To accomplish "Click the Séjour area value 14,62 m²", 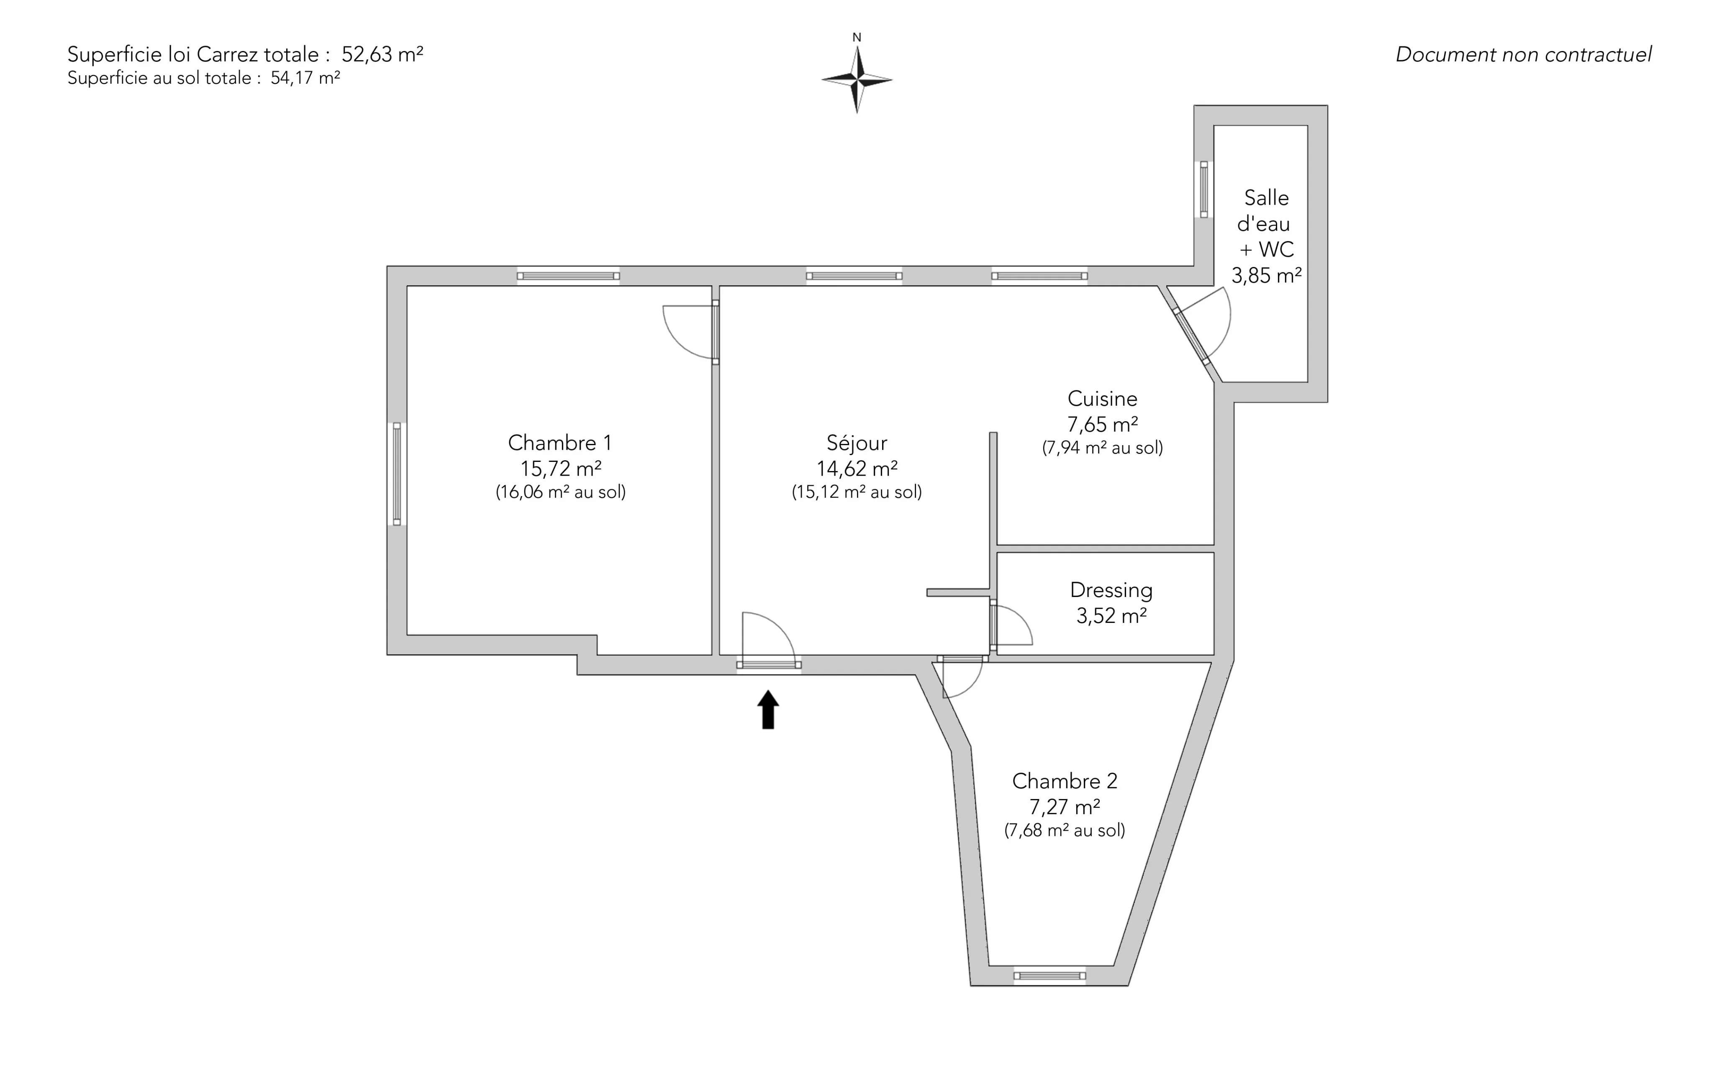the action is [x=857, y=468].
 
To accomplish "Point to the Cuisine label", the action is [x=1103, y=399].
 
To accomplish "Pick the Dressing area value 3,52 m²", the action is [x=1111, y=615].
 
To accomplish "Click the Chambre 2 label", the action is [x=1065, y=781].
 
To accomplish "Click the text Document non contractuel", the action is [x=1523, y=54].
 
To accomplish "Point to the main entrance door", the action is [x=769, y=640].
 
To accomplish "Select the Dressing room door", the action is [x=1011, y=625].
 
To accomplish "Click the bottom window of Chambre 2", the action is [x=1050, y=976].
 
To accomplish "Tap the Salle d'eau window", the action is [x=1203, y=189].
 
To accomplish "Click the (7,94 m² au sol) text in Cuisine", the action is [x=1103, y=448].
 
